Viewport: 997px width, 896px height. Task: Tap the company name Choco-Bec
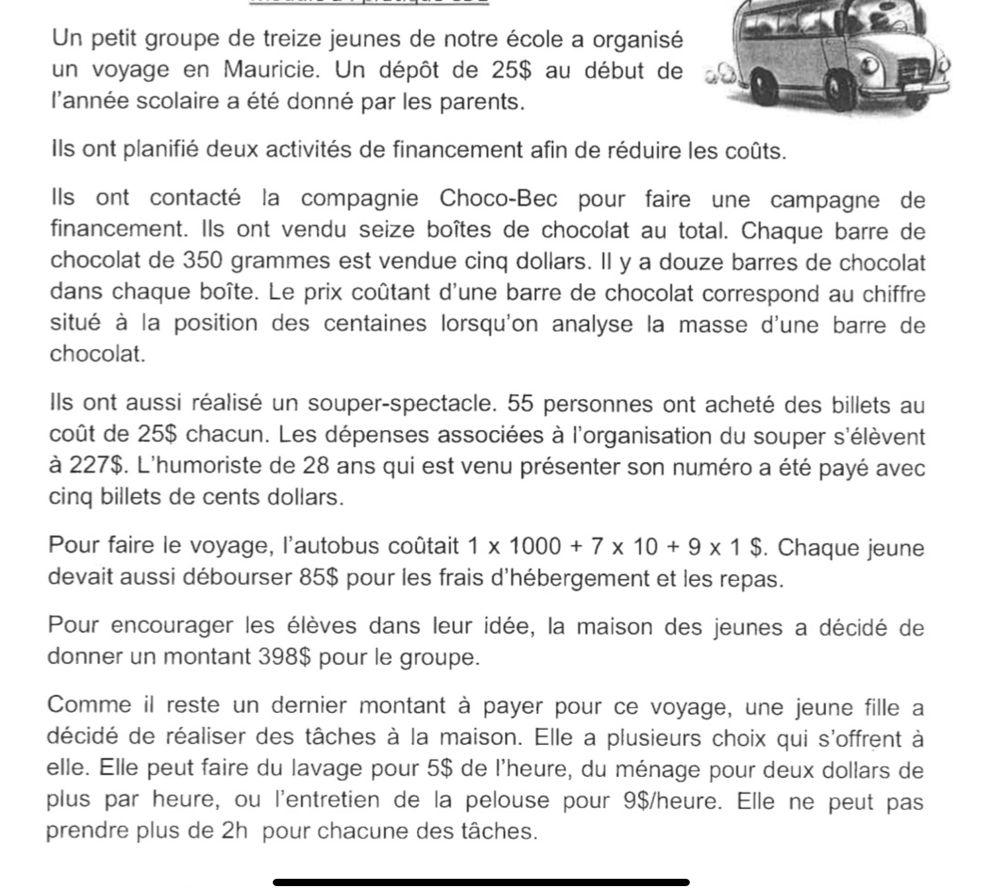498,199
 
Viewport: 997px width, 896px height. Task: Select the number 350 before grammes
203,261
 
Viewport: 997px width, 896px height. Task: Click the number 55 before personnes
520,404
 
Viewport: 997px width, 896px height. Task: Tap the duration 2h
234,831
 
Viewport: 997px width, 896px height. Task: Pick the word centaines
377,324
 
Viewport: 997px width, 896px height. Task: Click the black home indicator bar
481,882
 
